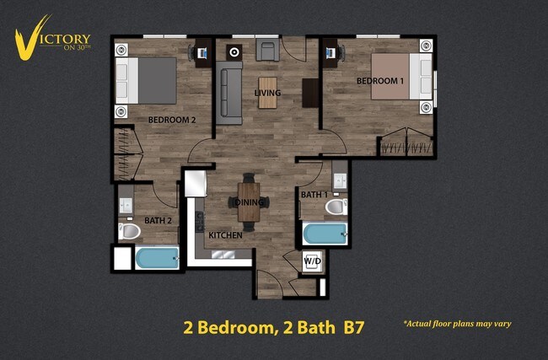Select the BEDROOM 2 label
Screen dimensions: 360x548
click(x=171, y=120)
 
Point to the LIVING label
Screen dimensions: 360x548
click(x=267, y=93)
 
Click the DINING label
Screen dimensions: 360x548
click(x=249, y=202)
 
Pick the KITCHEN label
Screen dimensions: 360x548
click(x=225, y=235)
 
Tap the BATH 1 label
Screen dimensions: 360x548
click(x=314, y=195)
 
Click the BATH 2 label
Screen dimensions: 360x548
click(x=158, y=221)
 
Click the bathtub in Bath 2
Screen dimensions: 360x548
click(x=157, y=258)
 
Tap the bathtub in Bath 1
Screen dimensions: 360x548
click(x=325, y=234)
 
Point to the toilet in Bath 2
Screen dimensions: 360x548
click(x=130, y=230)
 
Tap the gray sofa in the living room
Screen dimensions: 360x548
click(x=229, y=93)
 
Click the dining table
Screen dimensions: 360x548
click(x=250, y=201)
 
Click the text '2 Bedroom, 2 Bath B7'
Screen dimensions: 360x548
click(x=273, y=327)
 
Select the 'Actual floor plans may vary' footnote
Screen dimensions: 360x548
click(x=457, y=324)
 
